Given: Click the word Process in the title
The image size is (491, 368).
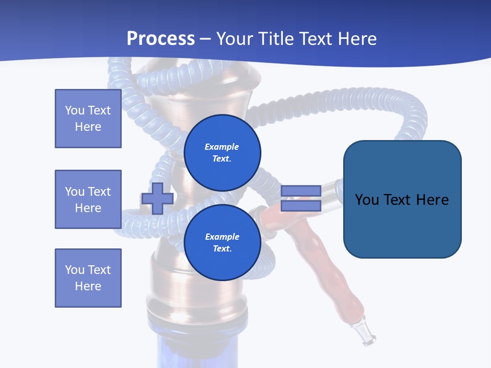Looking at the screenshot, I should tap(161, 38).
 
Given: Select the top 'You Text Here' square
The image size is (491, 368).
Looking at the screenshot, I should tap(88, 119).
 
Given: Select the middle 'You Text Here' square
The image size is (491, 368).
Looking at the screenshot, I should tap(88, 199).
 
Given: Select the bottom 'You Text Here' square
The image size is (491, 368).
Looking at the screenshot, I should tap(88, 278).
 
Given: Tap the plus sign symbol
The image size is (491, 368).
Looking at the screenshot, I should tap(158, 198).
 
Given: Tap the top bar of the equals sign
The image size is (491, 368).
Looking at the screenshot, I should tap(301, 191).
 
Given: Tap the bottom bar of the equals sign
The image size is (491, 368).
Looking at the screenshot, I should tap(301, 206).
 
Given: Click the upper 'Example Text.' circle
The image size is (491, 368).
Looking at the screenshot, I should tap(222, 152).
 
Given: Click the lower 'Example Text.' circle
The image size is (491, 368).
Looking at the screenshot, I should tap(222, 242).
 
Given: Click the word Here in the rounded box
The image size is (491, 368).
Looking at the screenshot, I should tap(432, 199).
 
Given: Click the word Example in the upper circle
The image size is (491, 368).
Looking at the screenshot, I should tap(222, 147).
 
